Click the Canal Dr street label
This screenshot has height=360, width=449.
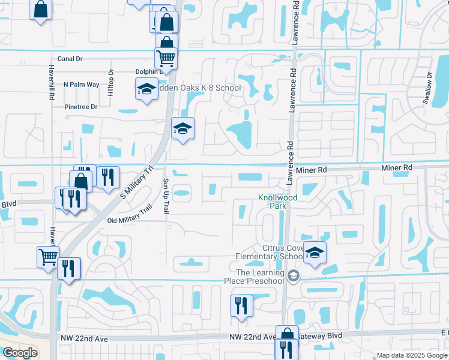point(70,59)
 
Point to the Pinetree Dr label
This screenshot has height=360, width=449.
point(80,107)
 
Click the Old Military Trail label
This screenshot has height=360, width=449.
point(130,216)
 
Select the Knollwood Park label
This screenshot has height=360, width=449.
point(277,201)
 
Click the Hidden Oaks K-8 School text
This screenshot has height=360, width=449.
point(198,88)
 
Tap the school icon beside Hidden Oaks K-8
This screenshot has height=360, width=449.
point(146,90)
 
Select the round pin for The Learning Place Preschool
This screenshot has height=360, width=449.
point(294,276)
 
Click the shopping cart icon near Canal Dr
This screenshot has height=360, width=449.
point(166,58)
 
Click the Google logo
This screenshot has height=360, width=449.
point(20,353)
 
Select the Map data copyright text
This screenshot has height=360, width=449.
point(411,355)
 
